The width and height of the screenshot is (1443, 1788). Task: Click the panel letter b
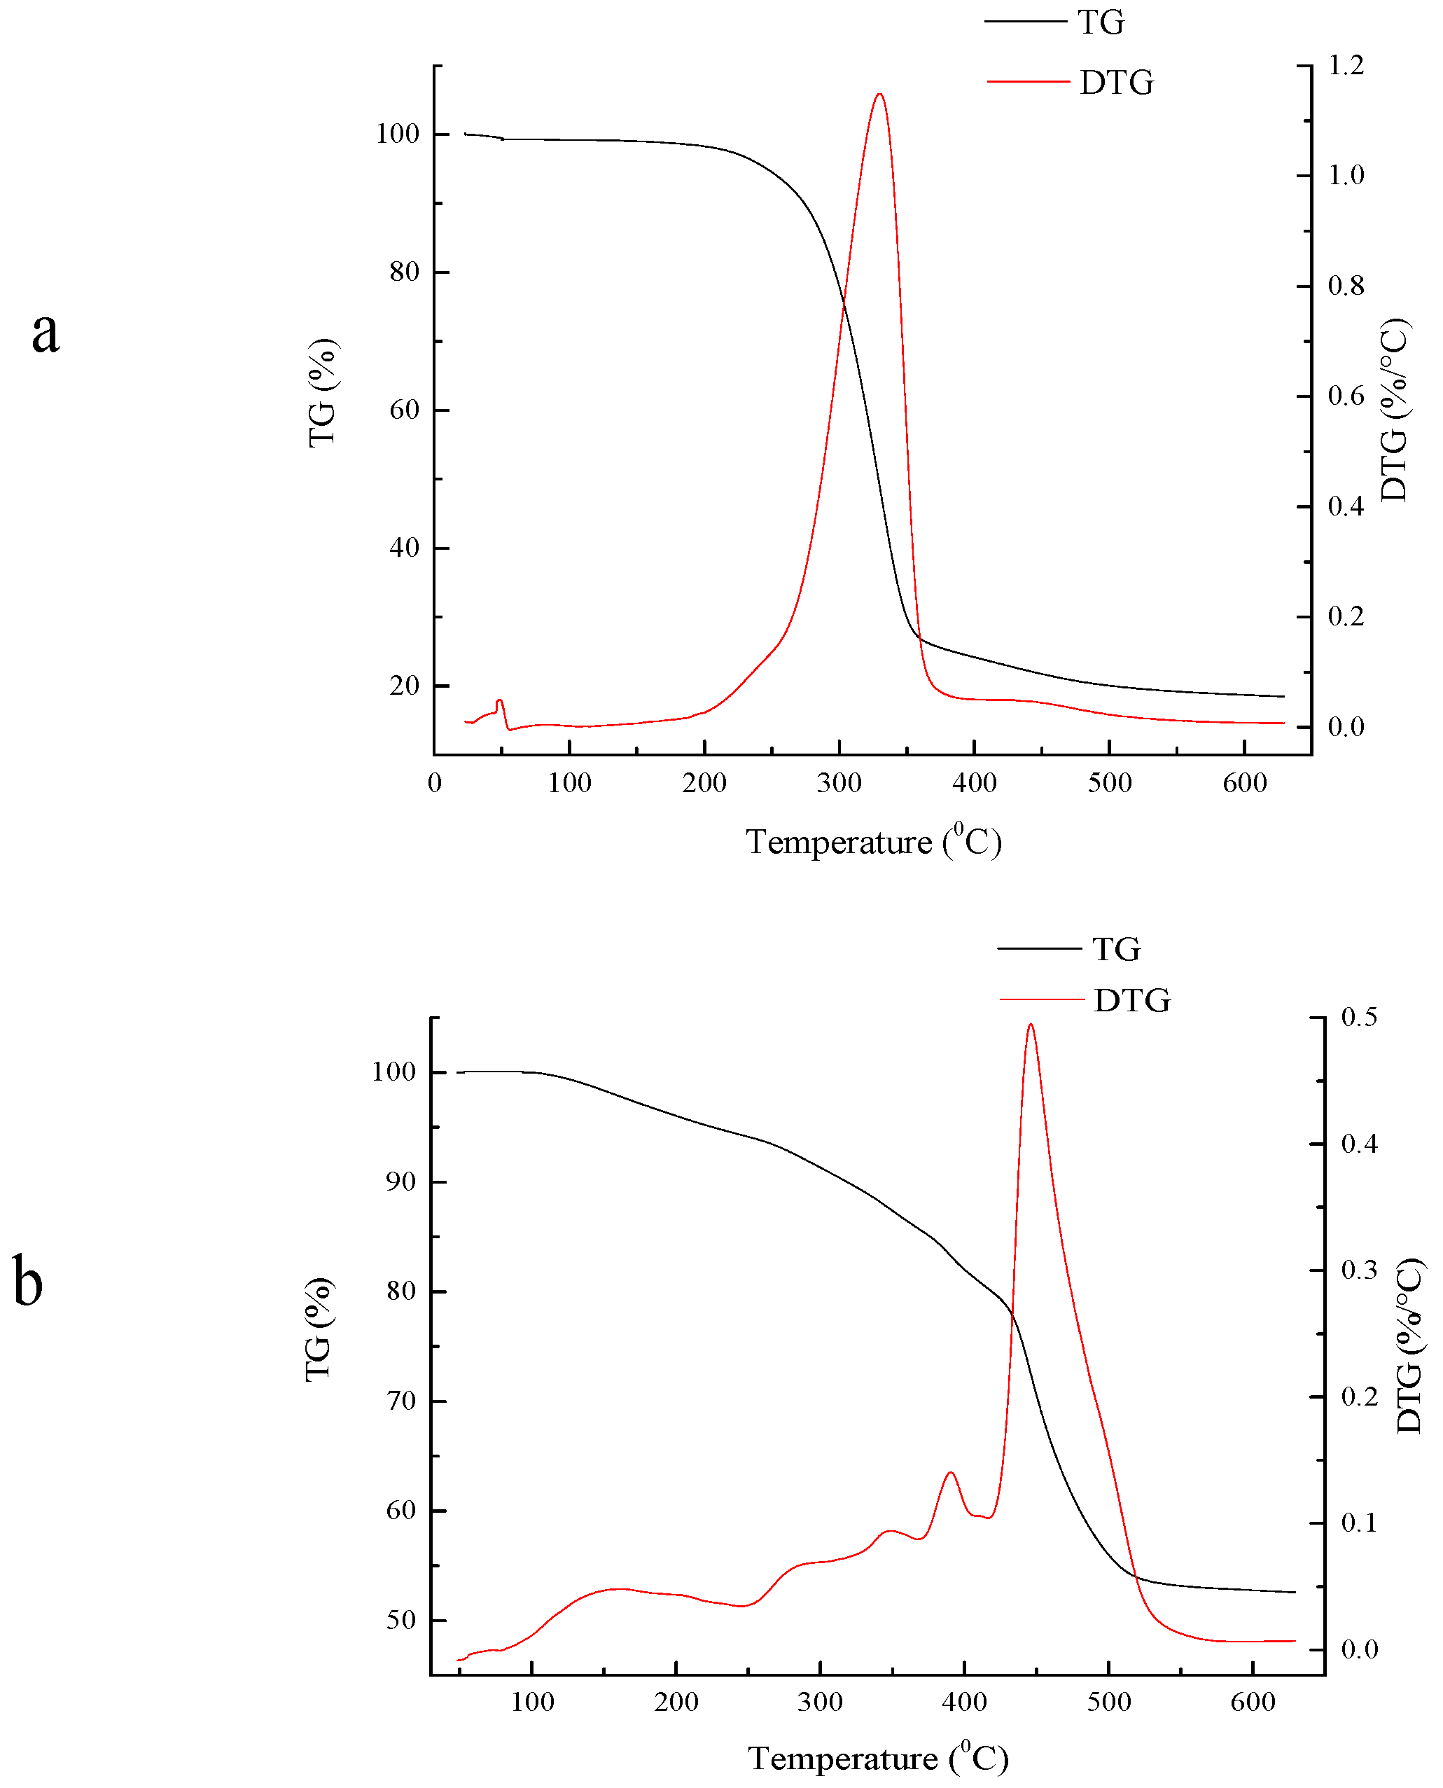click(28, 1281)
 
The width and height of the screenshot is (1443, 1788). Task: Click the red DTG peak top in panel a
click(879, 95)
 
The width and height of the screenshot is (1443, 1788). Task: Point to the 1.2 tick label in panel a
click(1346, 66)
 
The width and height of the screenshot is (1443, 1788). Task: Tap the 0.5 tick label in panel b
click(1360, 1018)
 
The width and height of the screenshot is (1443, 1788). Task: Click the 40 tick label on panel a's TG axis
click(404, 548)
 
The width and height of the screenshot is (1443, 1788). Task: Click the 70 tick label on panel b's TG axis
click(400, 1401)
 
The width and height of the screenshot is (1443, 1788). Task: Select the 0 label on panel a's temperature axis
click(435, 783)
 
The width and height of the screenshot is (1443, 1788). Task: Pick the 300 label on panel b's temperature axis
click(820, 1703)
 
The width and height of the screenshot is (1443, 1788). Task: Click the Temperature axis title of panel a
click(873, 842)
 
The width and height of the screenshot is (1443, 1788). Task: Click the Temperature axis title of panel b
click(878, 1759)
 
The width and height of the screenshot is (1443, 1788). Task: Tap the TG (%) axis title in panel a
click(323, 393)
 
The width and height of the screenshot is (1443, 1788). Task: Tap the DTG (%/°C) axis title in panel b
click(1409, 1347)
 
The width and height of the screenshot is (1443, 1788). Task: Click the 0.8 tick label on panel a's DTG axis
click(1346, 286)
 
